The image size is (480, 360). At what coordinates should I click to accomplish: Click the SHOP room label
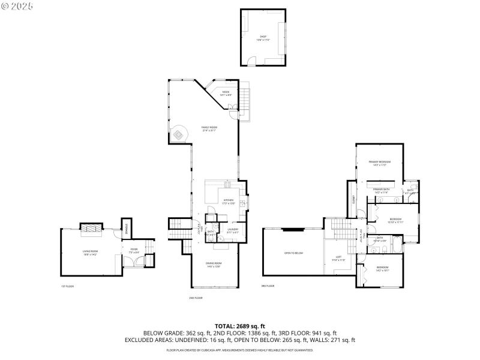point(262,38)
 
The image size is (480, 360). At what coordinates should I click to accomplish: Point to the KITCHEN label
point(228,202)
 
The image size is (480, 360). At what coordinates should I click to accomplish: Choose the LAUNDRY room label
point(233,230)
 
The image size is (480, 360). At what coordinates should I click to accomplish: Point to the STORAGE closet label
point(127,227)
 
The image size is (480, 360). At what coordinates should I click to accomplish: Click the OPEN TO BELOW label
point(293,253)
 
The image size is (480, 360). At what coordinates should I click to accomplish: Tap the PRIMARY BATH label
point(382,191)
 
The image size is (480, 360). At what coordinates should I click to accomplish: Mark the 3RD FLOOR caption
point(268,286)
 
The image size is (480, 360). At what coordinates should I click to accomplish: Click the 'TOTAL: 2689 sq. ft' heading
point(239,326)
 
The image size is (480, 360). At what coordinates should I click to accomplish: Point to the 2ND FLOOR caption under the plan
point(196,298)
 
